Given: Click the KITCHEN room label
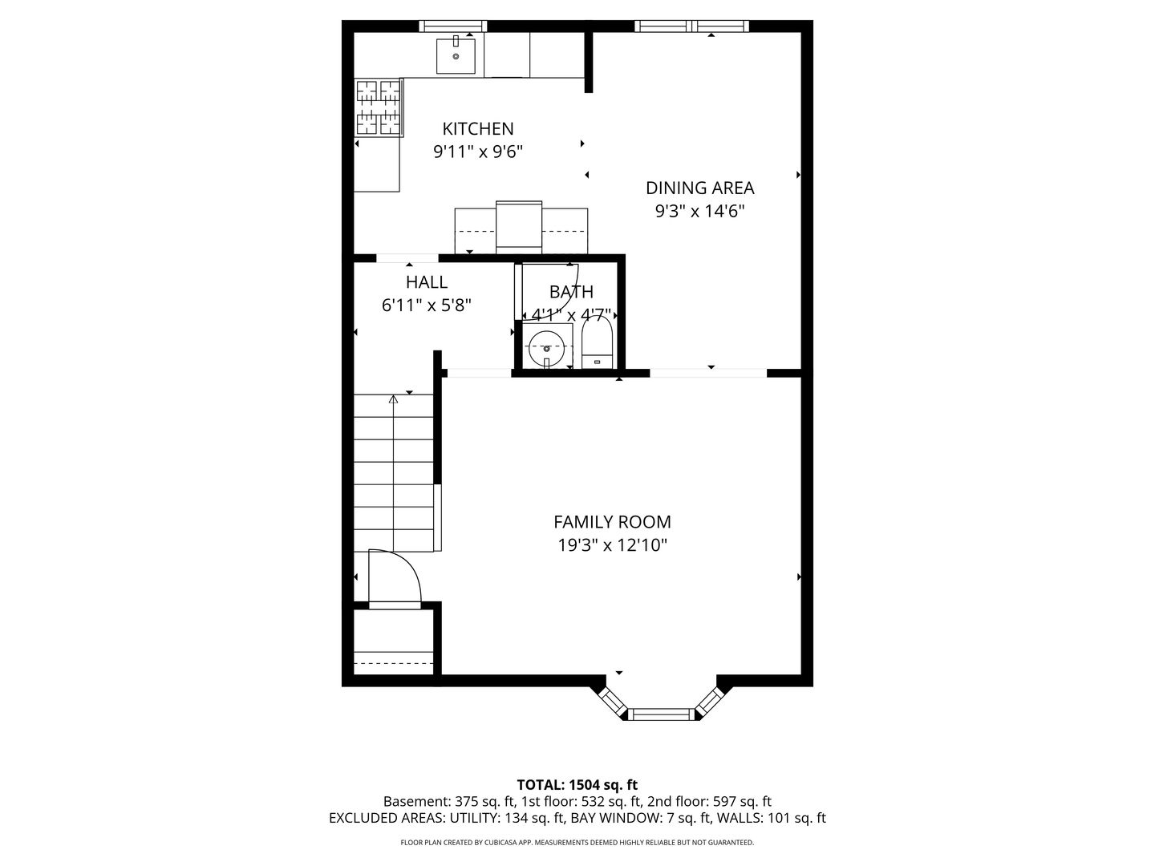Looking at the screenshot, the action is pyautogui.click(x=477, y=129).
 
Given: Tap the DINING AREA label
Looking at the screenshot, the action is pyautogui.click(x=699, y=188).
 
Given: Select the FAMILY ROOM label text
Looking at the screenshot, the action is pyautogui.click(x=612, y=521).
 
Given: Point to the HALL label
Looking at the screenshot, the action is pyautogui.click(x=426, y=281).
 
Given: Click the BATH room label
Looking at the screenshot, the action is pyautogui.click(x=571, y=291).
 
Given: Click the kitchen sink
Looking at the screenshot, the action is pyautogui.click(x=456, y=55).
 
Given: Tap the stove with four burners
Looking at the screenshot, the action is pyautogui.click(x=379, y=107).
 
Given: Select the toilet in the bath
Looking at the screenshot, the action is pyautogui.click(x=597, y=343).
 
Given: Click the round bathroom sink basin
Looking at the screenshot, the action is pyautogui.click(x=547, y=347).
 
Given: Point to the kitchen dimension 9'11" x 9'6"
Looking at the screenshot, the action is pyautogui.click(x=478, y=152).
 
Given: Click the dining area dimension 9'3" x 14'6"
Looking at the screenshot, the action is pyautogui.click(x=699, y=212).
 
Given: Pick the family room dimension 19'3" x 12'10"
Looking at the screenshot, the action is pyautogui.click(x=612, y=545).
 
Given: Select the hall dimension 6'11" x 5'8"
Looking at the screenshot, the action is pyautogui.click(x=426, y=306).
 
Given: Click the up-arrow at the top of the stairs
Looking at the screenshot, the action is pyautogui.click(x=393, y=399).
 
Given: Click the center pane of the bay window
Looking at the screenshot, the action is pyautogui.click(x=661, y=714).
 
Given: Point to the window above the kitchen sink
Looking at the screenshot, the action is pyautogui.click(x=452, y=26).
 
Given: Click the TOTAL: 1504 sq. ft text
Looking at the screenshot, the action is pyautogui.click(x=577, y=785).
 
